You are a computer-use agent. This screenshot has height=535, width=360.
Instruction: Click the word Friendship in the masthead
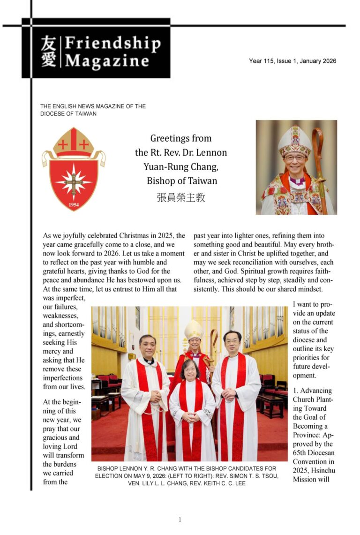(112, 44)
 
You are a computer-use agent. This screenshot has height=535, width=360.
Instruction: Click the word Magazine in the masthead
(107, 61)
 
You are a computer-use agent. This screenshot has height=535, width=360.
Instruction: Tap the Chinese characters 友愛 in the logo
(48, 52)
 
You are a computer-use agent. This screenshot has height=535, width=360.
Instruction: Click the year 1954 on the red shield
(73, 204)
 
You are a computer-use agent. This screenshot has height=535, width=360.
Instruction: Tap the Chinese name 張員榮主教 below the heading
(180, 197)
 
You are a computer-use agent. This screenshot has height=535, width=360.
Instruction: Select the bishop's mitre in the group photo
(193, 329)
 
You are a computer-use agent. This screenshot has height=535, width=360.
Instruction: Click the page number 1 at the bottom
(180, 520)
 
